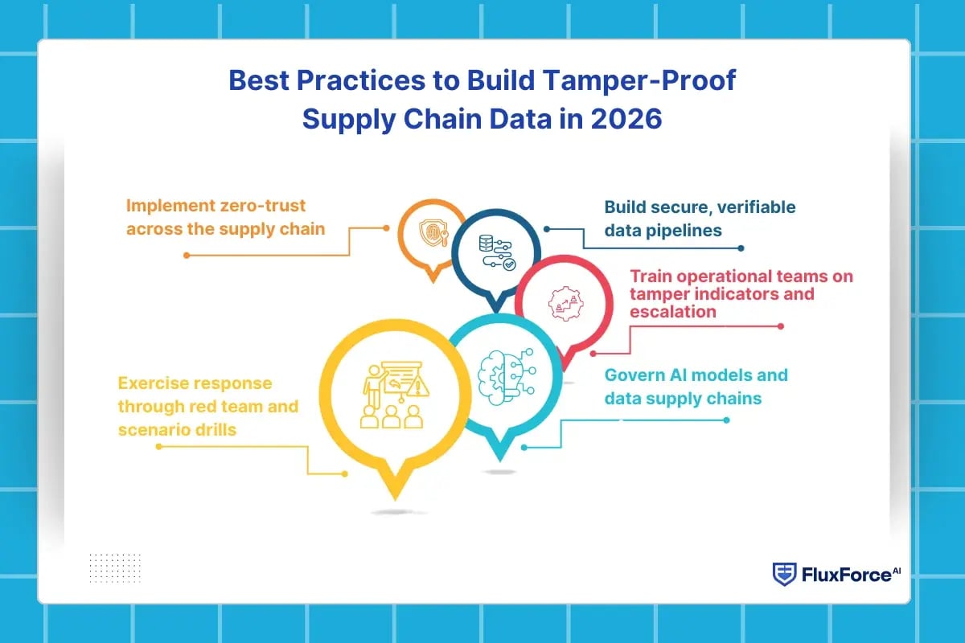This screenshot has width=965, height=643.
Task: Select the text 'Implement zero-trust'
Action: click(216, 207)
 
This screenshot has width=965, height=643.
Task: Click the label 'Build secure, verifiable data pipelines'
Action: click(700, 219)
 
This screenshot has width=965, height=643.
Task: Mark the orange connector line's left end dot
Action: click(187, 255)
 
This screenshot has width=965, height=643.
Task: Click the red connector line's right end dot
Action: click(781, 326)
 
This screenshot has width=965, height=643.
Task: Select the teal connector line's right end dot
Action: click(727, 420)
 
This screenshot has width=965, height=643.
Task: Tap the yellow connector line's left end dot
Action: click(158, 446)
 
